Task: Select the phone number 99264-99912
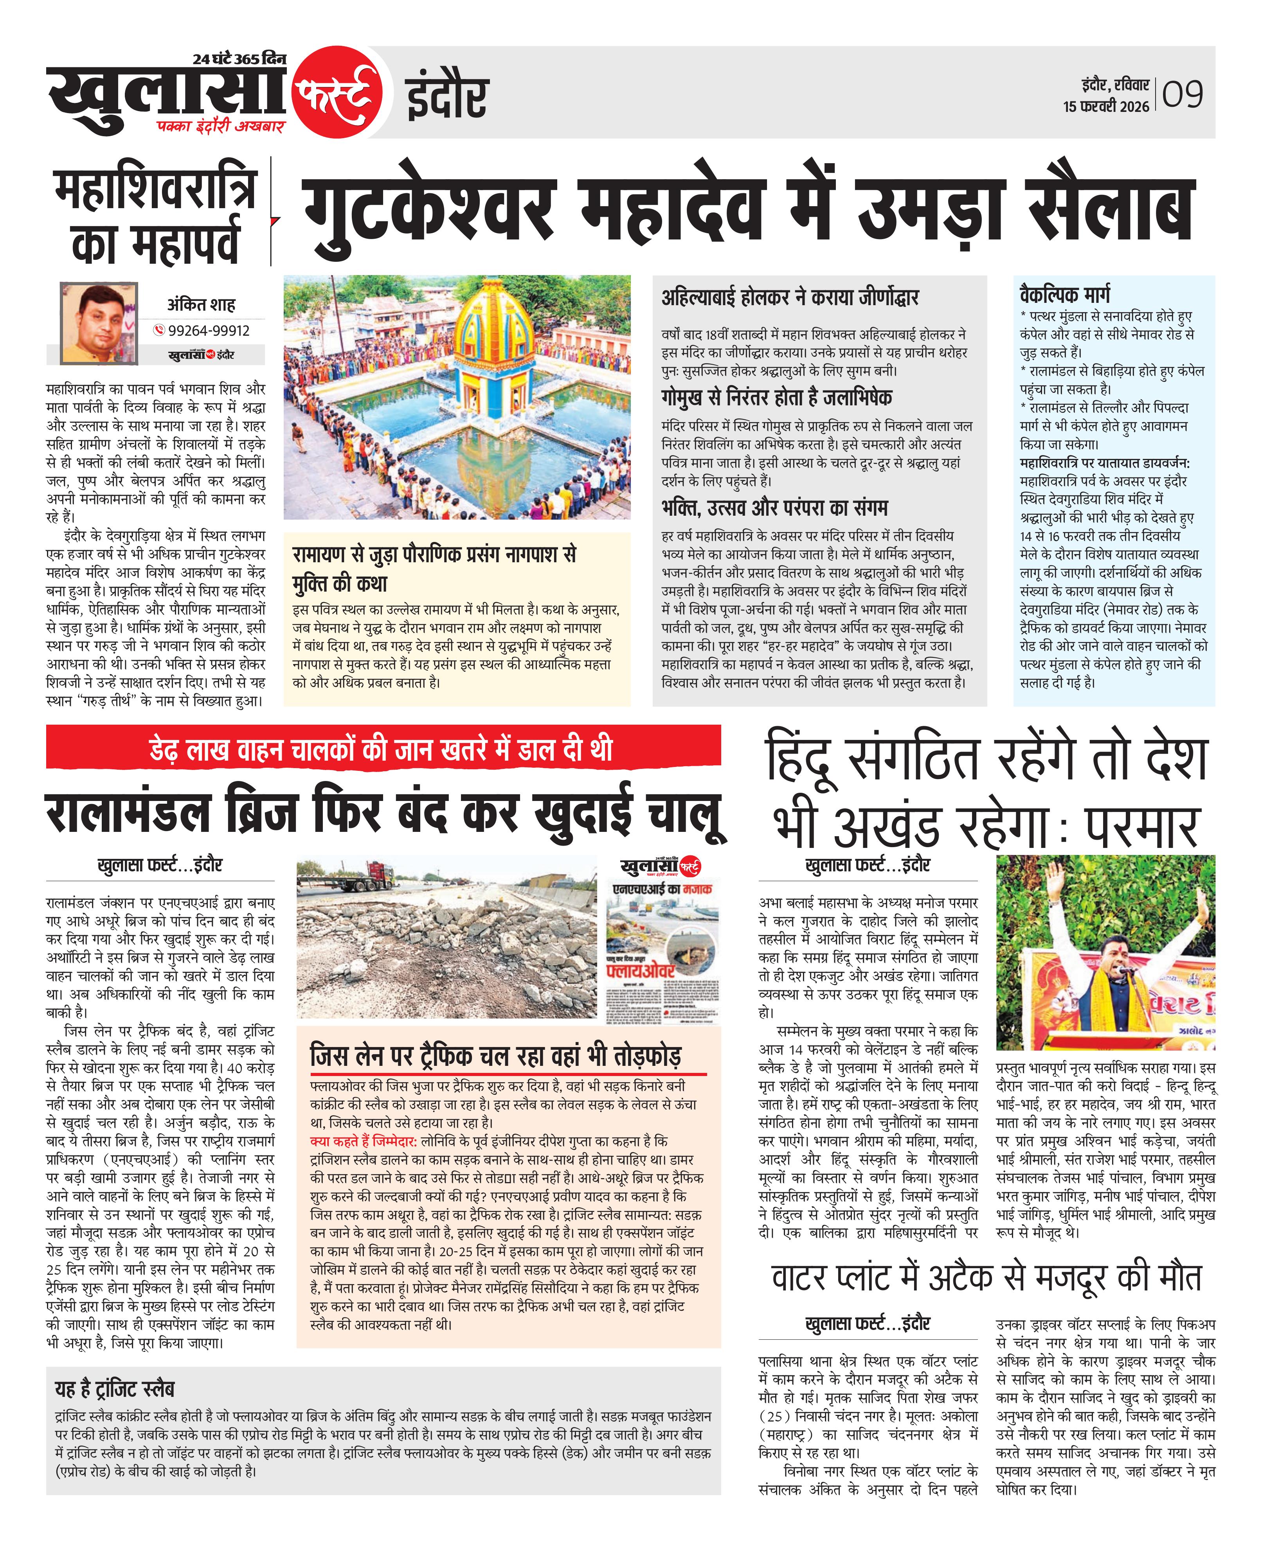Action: [209, 331]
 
